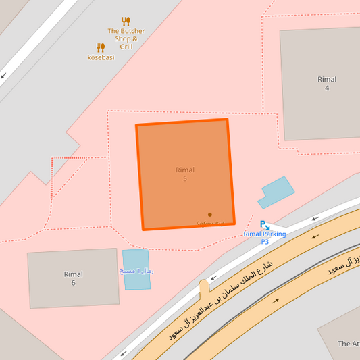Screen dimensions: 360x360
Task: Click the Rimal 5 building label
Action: pyautogui.click(x=184, y=174)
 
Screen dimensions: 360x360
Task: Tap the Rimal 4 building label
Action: pyautogui.click(x=327, y=84)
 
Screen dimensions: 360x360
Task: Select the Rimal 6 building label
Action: pyautogui.click(x=73, y=278)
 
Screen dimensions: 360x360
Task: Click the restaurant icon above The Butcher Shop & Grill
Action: pyautogui.click(x=126, y=22)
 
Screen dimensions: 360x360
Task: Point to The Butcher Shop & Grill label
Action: pyautogui.click(x=126, y=39)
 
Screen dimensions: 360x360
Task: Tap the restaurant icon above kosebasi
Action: pyautogui.click(x=101, y=47)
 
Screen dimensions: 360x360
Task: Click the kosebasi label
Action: pyautogui.click(x=101, y=57)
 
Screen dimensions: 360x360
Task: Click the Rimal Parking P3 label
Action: pyautogui.click(x=265, y=238)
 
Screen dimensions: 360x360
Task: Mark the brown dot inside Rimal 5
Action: pyautogui.click(x=210, y=215)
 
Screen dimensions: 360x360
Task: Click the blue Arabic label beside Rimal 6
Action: pyautogui.click(x=136, y=271)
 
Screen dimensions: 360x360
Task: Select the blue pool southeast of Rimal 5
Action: pyautogui.click(x=276, y=192)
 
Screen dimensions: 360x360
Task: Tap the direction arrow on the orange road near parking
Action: pyautogui.click(x=315, y=236)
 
